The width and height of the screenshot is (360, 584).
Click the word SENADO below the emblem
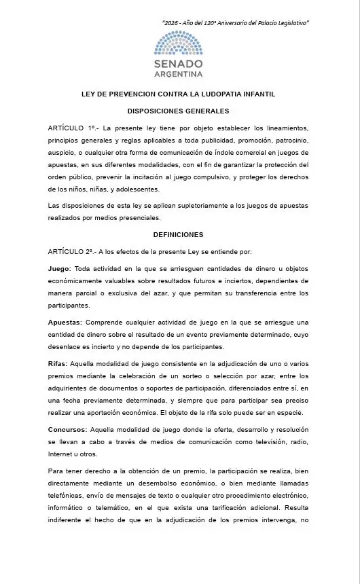(x=179, y=63)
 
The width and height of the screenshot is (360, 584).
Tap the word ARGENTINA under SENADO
(x=179, y=73)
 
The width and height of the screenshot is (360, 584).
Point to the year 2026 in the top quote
(x=173, y=23)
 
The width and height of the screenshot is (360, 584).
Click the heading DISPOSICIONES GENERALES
(x=179, y=111)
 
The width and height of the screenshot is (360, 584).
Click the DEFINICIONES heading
(x=179, y=235)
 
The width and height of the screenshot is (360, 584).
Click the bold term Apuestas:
(x=65, y=323)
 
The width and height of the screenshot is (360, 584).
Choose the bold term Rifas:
(x=58, y=364)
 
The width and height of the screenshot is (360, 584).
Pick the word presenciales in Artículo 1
(x=139, y=218)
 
